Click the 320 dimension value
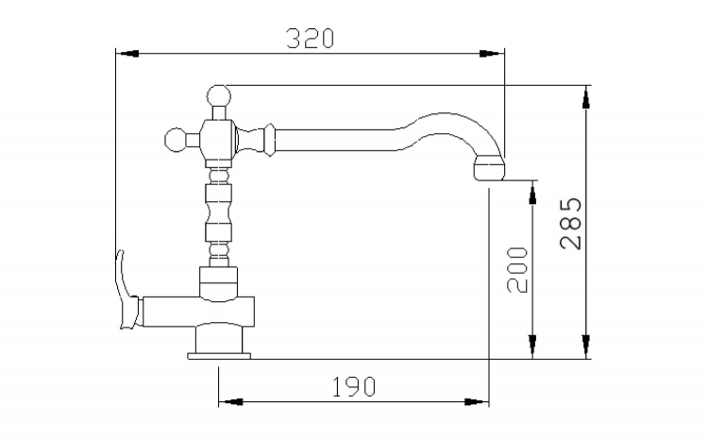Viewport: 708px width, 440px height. coord(311,39)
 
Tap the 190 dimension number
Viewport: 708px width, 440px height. coord(354,387)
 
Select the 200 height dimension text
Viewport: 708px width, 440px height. coord(517,270)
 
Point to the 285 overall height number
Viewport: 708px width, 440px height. coord(570,224)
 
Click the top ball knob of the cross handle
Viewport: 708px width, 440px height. coord(219,96)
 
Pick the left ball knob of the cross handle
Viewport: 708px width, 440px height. coord(176,140)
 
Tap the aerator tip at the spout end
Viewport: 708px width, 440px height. coord(488,167)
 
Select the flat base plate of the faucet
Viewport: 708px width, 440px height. coord(219,356)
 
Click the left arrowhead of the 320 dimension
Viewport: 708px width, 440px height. coord(127,53)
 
